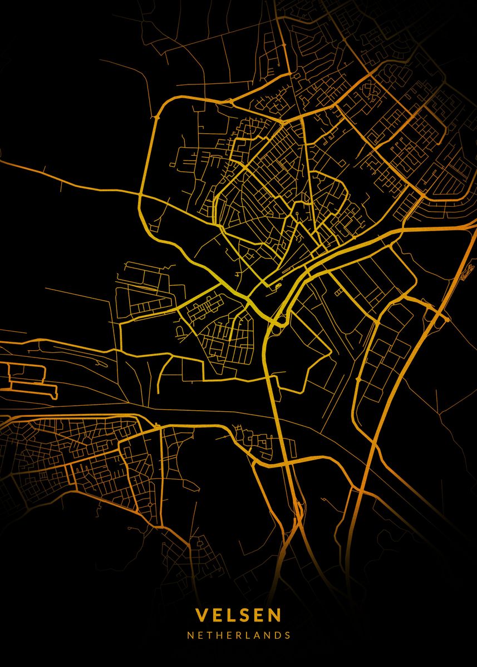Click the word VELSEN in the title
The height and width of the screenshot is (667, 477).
click(x=238, y=615)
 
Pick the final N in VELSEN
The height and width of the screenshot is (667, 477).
click(x=275, y=615)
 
